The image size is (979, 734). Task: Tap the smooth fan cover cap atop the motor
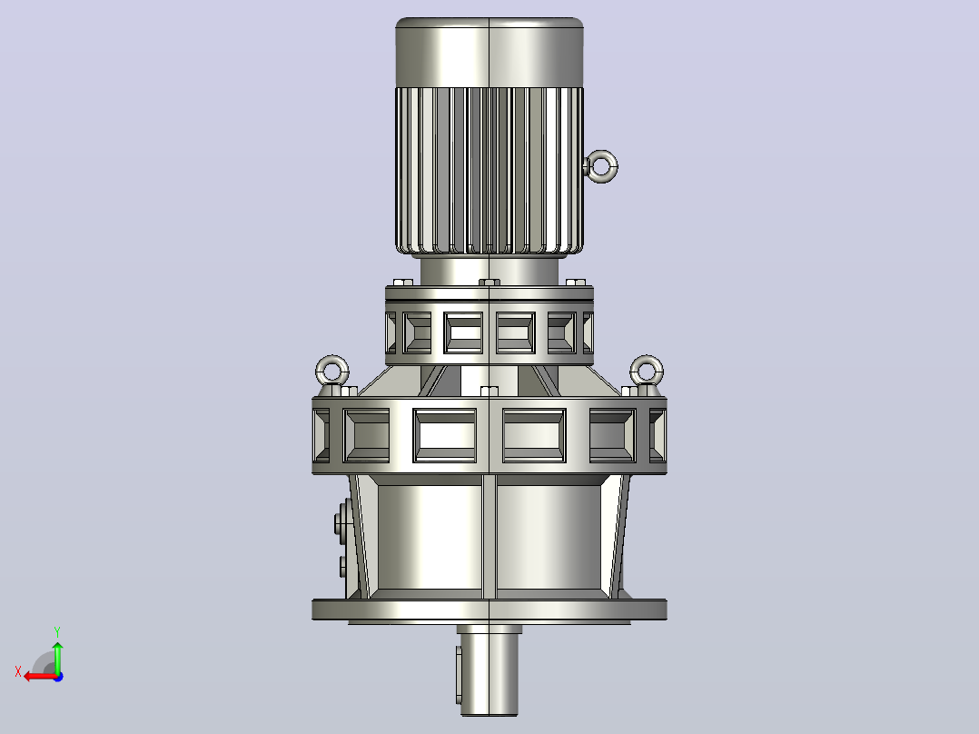pyautogui.click(x=489, y=53)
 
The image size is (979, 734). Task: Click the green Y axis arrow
pyautogui.click(x=57, y=657)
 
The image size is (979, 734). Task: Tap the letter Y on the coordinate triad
pyautogui.click(x=57, y=631)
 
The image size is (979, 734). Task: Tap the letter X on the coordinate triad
pyautogui.click(x=18, y=671)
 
